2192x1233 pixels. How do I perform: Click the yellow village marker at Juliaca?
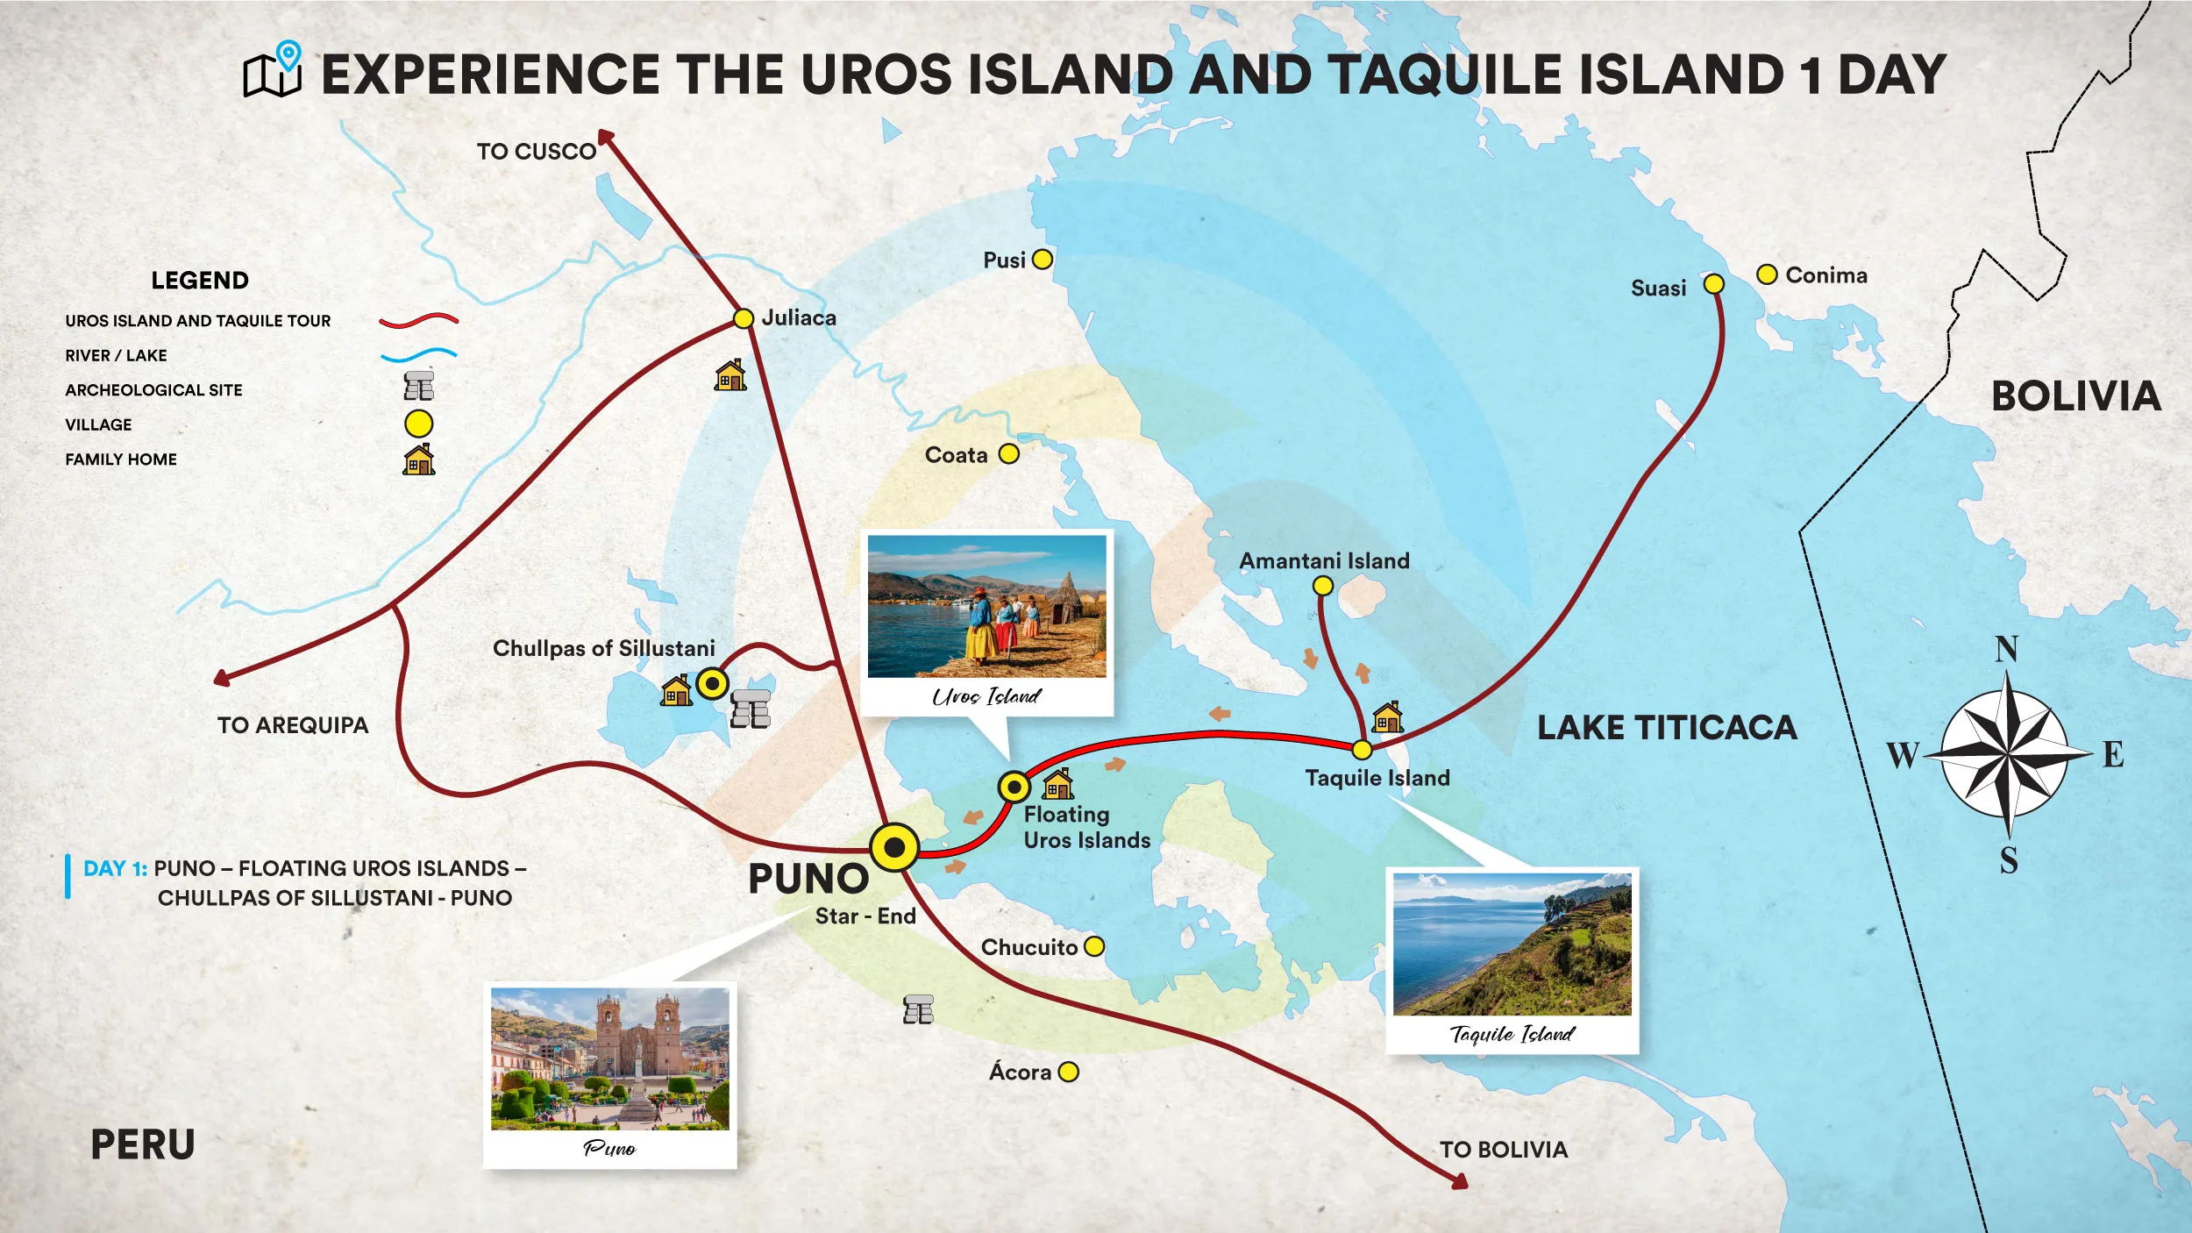point(743,318)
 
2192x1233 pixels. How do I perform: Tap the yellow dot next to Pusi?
point(1042,260)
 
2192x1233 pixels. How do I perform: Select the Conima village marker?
point(1767,274)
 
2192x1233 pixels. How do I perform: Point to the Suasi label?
point(1657,289)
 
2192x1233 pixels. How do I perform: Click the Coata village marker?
point(1008,454)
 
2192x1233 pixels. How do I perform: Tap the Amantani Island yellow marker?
point(1322,585)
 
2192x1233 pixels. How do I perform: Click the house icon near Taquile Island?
point(1386,717)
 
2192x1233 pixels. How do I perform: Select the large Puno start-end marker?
point(894,847)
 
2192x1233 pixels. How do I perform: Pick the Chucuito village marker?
point(1093,947)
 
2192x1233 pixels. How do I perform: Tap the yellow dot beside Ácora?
point(1068,1072)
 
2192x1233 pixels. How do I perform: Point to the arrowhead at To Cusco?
point(605,137)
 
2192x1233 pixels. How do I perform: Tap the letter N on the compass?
point(2006,650)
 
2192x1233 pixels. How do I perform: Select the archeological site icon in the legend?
point(418,386)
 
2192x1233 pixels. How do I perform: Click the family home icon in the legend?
point(418,460)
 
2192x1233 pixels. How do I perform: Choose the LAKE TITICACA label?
point(1666,728)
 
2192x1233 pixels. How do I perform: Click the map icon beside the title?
point(273,70)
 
